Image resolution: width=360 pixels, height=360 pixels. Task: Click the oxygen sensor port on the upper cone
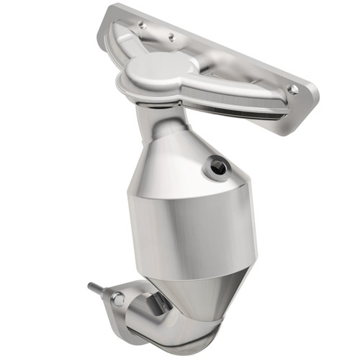tap(217, 168)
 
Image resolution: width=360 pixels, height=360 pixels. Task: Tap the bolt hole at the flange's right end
tap(292, 89)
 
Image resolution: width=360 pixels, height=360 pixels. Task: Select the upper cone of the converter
tap(180, 166)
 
